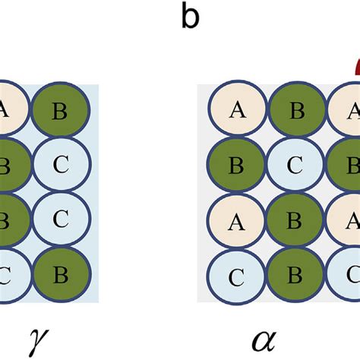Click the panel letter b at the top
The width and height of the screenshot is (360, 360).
[x=190, y=17]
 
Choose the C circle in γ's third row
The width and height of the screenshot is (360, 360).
[x=60, y=221]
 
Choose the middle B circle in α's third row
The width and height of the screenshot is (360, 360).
[x=297, y=221]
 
